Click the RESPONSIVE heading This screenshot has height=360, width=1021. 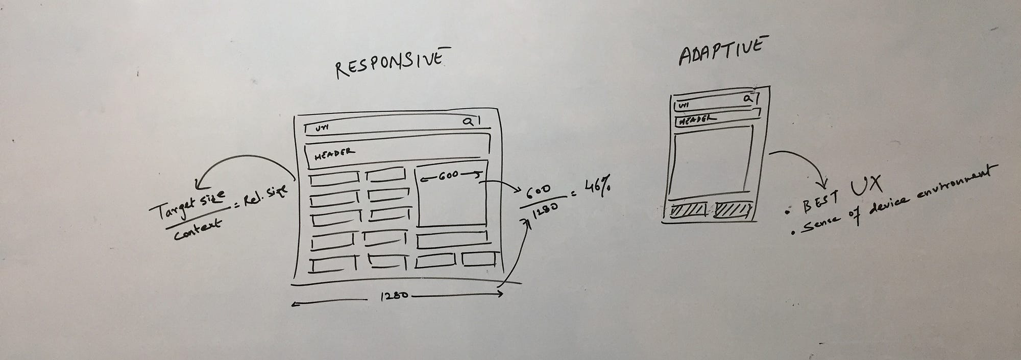(389, 64)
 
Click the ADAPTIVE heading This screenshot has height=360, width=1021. (721, 51)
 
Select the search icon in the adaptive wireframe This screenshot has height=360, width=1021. (747, 98)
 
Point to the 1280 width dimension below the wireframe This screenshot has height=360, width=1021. (394, 296)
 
